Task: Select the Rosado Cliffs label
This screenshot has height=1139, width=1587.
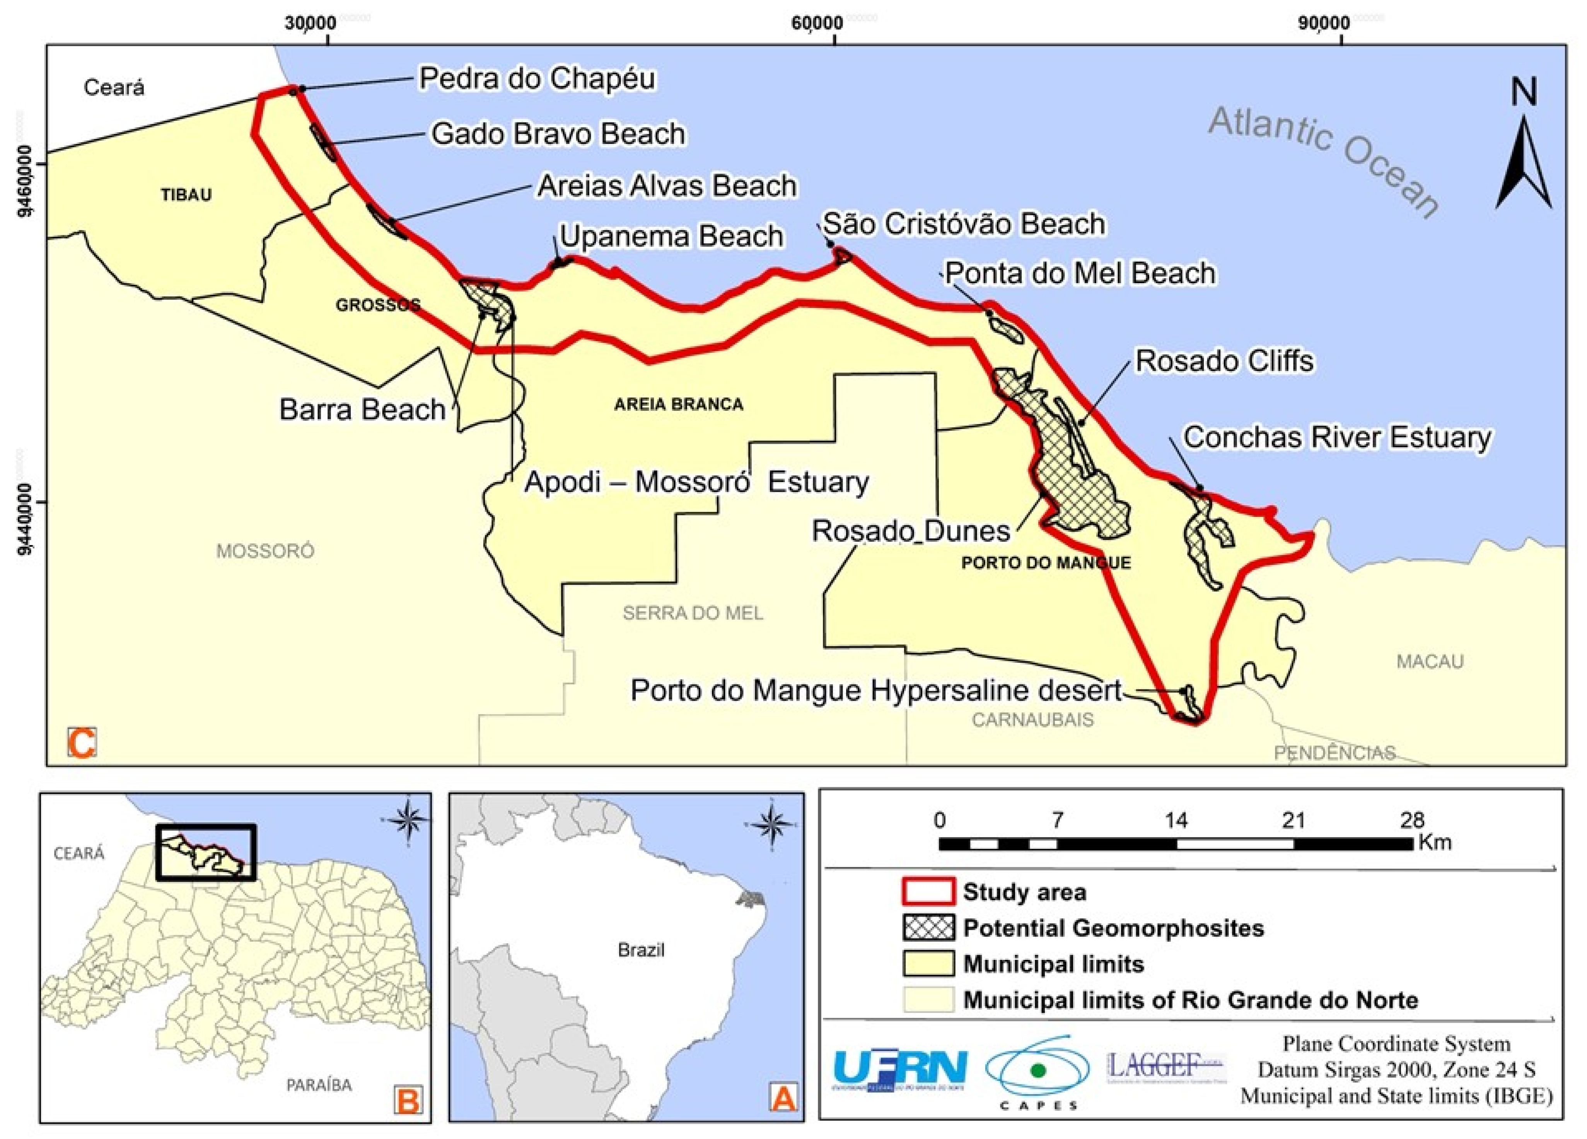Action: tap(1224, 361)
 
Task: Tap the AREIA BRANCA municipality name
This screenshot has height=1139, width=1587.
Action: tap(678, 404)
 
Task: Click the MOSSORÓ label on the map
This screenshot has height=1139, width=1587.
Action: tap(265, 551)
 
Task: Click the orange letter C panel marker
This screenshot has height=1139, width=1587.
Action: tap(82, 743)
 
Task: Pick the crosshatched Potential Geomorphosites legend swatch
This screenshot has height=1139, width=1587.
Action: tap(928, 928)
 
